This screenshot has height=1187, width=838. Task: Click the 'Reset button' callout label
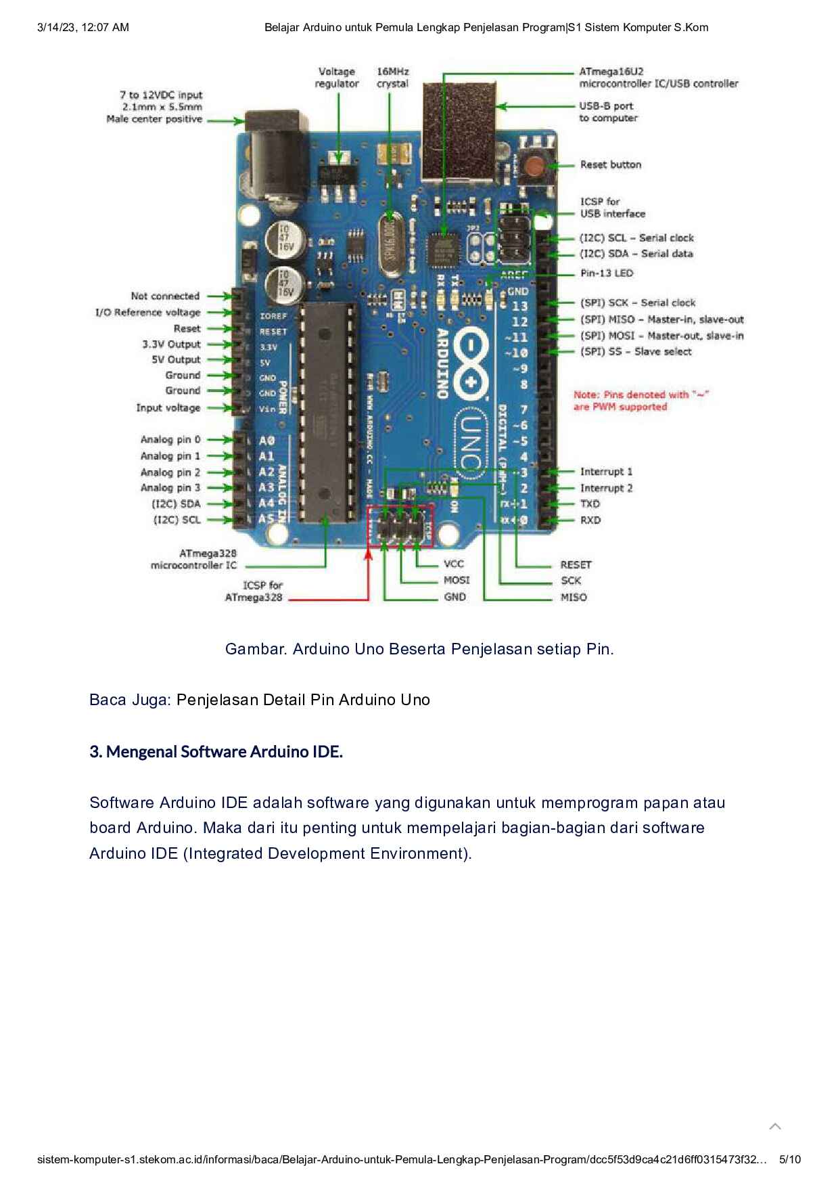click(610, 164)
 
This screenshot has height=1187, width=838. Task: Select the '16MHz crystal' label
click(392, 78)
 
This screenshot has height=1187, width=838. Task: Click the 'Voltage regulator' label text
click(336, 78)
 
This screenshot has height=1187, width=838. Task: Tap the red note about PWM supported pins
click(641, 401)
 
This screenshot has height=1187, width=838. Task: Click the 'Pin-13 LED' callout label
click(607, 273)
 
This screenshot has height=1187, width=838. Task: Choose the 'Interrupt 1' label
click(606, 472)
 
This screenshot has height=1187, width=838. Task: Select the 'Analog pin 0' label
click(170, 440)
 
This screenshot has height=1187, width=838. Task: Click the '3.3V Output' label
click(171, 344)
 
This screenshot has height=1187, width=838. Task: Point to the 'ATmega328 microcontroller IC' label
click(194, 559)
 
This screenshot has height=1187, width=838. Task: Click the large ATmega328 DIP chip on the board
click(327, 413)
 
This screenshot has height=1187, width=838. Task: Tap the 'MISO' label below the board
click(574, 598)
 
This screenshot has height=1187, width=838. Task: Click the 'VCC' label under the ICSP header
click(454, 564)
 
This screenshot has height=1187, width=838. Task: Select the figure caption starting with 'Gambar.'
click(419, 649)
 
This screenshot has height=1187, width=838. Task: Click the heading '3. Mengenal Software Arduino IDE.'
click(216, 752)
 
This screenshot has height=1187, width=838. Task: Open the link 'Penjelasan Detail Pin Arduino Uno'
click(303, 700)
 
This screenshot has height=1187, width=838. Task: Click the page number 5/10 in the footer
click(790, 1159)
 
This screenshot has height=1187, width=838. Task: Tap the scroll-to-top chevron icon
click(775, 1126)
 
